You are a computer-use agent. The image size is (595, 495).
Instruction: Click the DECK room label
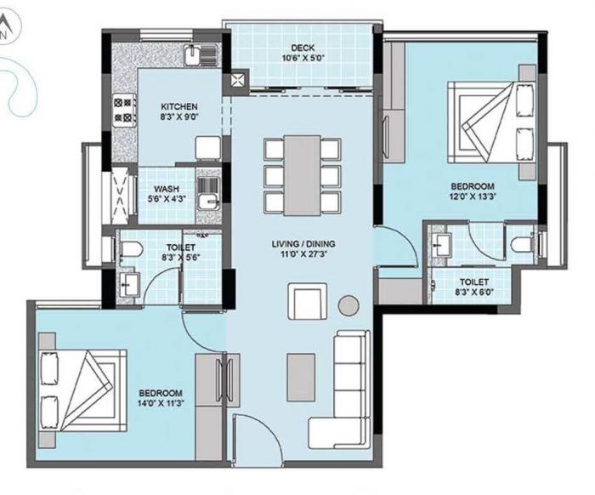[x=303, y=54]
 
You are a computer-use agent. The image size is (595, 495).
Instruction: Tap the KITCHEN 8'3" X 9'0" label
[x=179, y=113]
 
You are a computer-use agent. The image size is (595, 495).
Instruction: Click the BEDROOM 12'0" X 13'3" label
[x=472, y=192]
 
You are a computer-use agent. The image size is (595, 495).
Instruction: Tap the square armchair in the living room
[x=305, y=301]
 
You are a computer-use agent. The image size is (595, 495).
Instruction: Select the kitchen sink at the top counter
[x=195, y=58]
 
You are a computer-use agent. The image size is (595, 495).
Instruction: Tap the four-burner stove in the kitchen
[x=122, y=109]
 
